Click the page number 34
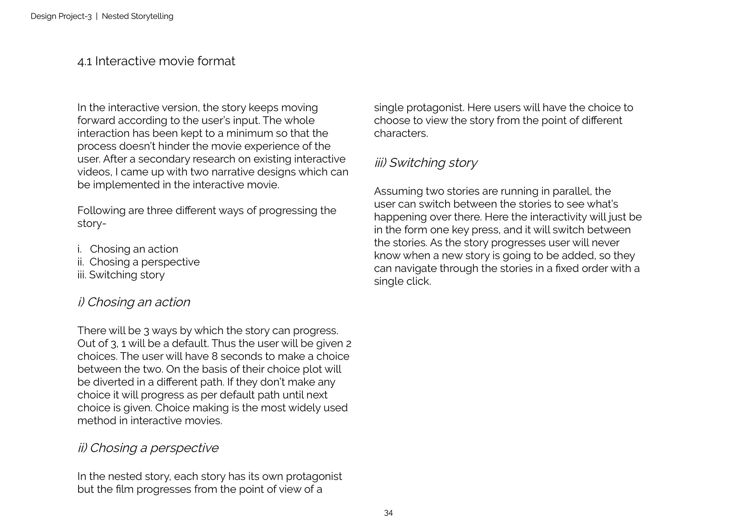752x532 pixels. tap(388, 513)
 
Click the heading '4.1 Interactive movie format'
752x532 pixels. tap(156, 61)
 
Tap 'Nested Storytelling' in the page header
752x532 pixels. tap(137, 16)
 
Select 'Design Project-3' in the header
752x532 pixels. tap(61, 16)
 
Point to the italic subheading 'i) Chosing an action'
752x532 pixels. tap(133, 302)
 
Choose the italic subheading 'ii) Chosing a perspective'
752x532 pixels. tap(148, 448)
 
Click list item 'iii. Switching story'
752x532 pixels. tap(121, 275)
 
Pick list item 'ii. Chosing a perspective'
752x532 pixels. tap(138, 262)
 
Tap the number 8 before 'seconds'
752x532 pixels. tap(214, 356)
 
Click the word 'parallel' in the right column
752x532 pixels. tap(572, 191)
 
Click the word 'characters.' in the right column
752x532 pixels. tap(401, 133)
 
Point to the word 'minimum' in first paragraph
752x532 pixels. tap(250, 133)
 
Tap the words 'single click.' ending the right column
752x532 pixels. tap(402, 281)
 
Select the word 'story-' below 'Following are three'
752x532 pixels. tap(92, 223)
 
